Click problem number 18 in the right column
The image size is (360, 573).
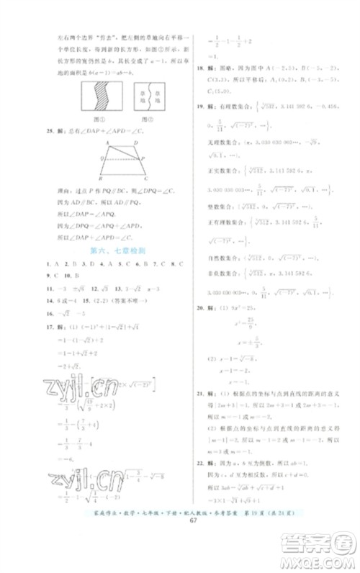point(198,70)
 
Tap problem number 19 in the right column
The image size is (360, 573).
point(198,105)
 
